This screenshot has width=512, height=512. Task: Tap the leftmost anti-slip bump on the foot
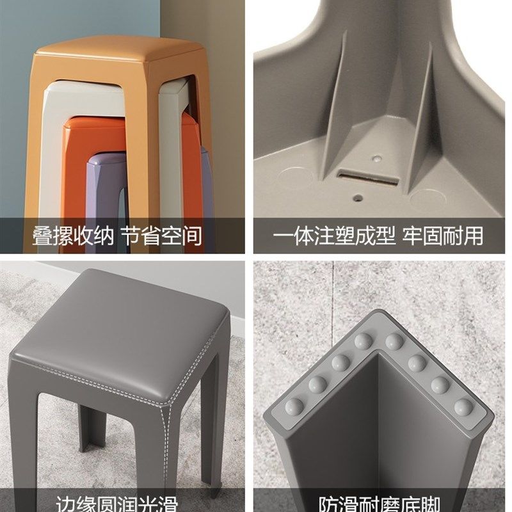(296, 404)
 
